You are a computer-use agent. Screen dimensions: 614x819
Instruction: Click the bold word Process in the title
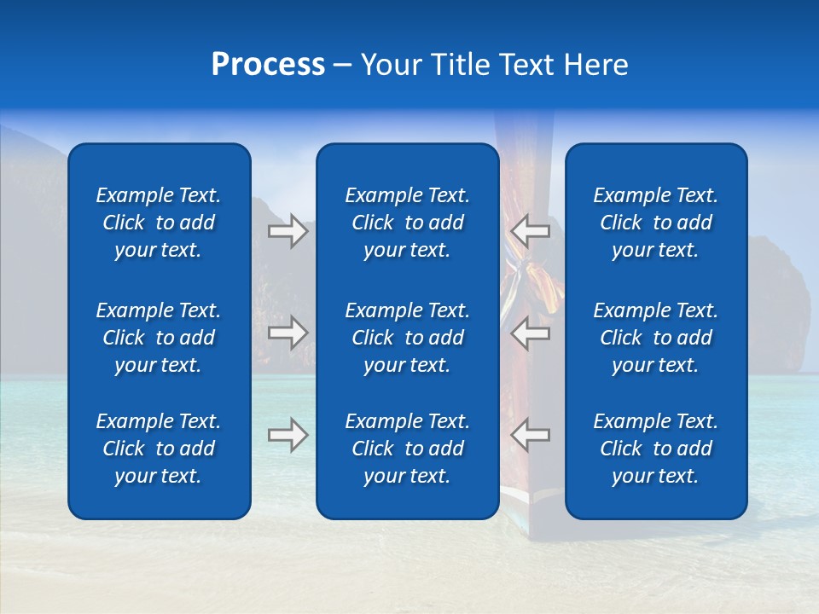coord(268,65)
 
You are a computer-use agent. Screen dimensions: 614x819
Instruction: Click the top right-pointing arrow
coord(288,231)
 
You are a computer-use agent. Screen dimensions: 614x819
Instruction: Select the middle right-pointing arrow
coord(288,333)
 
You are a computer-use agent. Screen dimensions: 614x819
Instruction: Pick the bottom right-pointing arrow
coord(288,435)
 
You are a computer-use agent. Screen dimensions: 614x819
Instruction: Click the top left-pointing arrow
coord(531,231)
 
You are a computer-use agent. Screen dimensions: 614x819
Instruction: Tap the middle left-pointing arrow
coord(531,333)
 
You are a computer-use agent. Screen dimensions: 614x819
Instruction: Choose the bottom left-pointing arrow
coord(531,435)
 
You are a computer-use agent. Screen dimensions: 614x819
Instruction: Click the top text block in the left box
coord(159,223)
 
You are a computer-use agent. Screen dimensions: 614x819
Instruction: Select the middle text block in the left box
coord(159,338)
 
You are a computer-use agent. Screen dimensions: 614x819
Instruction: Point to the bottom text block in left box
coord(159,449)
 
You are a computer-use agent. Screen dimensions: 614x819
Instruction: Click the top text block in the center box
coord(407,223)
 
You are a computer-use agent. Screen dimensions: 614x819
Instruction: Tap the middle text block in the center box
coord(407,338)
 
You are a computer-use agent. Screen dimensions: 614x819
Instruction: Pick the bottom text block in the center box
coord(407,449)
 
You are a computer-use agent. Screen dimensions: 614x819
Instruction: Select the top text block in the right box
coord(655,223)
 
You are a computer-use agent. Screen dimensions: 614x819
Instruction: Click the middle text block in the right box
coord(655,338)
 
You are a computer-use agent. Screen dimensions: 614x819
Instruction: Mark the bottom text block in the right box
coord(655,449)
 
